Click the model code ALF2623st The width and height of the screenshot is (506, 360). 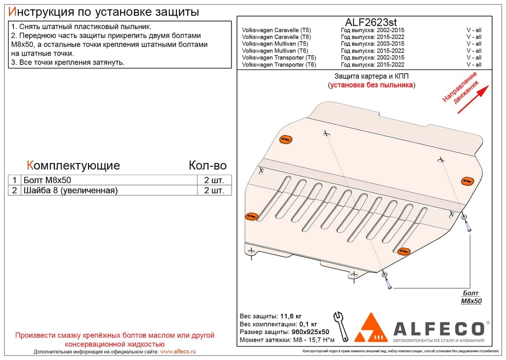pos(371,22)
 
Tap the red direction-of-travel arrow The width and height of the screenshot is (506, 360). pos(473,99)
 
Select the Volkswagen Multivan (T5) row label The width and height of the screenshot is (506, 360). pos(275,44)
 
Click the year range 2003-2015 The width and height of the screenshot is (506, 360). pos(390,44)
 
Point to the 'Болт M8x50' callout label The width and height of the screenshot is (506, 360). pos(471,297)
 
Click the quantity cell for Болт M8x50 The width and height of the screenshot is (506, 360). pos(214,180)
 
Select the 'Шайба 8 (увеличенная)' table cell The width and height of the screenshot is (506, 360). pos(109,191)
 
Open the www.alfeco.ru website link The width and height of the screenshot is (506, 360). pos(178,352)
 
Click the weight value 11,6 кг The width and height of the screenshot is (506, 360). pos(291,316)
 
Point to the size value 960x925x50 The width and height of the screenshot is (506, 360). pos(310,332)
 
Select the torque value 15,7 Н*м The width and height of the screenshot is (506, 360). pos(319,340)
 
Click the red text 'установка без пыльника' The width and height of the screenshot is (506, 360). pos(371,85)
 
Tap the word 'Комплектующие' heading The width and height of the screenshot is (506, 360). pos(73,166)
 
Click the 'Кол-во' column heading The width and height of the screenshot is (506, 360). pos(207,166)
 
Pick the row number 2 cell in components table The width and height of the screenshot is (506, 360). pos(14,191)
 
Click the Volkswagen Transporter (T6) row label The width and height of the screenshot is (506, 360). pos(279,64)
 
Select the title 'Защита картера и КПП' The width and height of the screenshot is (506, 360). pos(371,76)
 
